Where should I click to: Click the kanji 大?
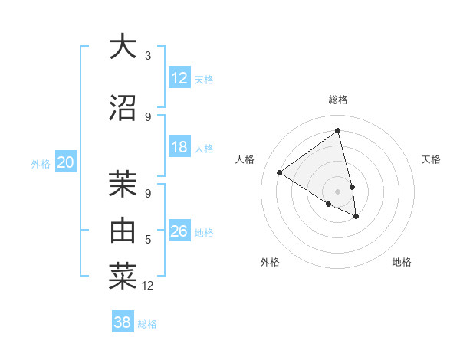(123, 47)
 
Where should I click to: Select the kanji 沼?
(123, 107)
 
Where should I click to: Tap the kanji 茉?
(123, 183)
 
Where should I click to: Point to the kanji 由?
(123, 230)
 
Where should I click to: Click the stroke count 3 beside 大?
(147, 56)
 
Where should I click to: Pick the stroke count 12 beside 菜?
(148, 286)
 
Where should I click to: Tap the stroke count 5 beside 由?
(147, 240)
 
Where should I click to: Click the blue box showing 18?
(179, 147)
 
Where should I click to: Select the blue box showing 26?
(179, 231)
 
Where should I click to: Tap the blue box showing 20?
(66, 162)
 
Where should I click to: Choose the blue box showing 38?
(123, 322)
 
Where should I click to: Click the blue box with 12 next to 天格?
(179, 78)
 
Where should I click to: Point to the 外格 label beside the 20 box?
(41, 163)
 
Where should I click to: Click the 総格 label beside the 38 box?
(147, 324)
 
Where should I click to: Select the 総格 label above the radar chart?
(338, 100)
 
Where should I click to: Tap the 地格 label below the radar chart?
(402, 262)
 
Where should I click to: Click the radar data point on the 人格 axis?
(279, 172)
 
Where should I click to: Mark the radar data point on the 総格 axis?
(338, 130)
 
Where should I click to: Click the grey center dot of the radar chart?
(338, 191)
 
